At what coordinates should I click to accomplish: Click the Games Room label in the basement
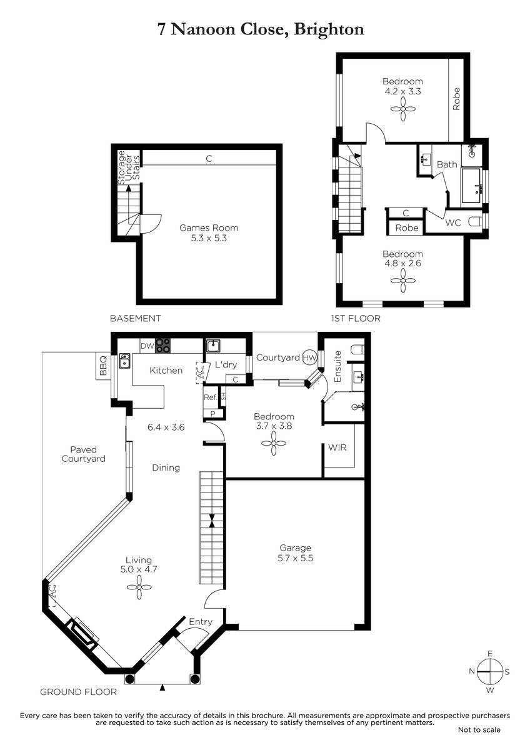pyautogui.click(x=209, y=228)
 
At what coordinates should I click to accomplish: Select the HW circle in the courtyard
pyautogui.click(x=309, y=357)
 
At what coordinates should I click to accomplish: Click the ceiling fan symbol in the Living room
pyautogui.click(x=139, y=587)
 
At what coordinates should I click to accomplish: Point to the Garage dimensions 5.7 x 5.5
pyautogui.click(x=295, y=558)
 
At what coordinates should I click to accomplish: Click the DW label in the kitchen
pyautogui.click(x=147, y=346)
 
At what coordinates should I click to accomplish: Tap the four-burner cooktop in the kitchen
pyautogui.click(x=162, y=346)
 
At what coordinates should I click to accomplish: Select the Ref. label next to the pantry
pyautogui.click(x=210, y=397)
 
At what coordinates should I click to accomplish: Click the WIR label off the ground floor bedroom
pyautogui.click(x=337, y=447)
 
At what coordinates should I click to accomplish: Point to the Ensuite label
pyautogui.click(x=337, y=366)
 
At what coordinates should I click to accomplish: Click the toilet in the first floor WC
pyautogui.click(x=474, y=222)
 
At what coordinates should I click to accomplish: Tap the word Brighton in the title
pyautogui.click(x=329, y=29)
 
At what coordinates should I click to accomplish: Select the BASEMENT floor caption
pyautogui.click(x=136, y=318)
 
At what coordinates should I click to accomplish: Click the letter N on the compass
pyautogui.click(x=472, y=671)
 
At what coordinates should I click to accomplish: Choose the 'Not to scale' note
pyautogui.click(x=479, y=729)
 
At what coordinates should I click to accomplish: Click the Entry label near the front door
pyautogui.click(x=201, y=622)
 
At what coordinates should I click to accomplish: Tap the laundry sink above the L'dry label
pyautogui.click(x=213, y=346)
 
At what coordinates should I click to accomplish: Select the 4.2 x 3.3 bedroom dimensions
pyautogui.click(x=402, y=91)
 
